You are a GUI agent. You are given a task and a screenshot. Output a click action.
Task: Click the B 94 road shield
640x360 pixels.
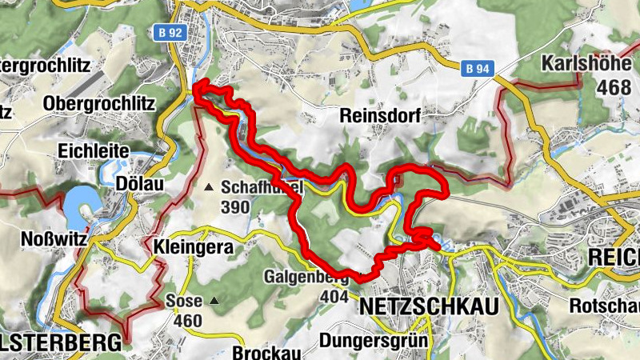click(477, 69)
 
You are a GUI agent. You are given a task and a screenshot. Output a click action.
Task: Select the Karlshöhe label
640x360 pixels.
click(591, 63)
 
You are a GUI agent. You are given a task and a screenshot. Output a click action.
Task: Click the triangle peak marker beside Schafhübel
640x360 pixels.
click(210, 187)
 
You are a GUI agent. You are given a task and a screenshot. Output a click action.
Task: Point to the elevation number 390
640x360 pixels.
click(236, 207)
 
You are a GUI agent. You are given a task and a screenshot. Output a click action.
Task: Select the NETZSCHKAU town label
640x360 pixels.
click(429, 307)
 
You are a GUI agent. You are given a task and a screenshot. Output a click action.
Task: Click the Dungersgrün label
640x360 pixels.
click(373, 341)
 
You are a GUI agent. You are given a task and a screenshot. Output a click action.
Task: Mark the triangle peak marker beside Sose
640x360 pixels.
click(214, 302)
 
